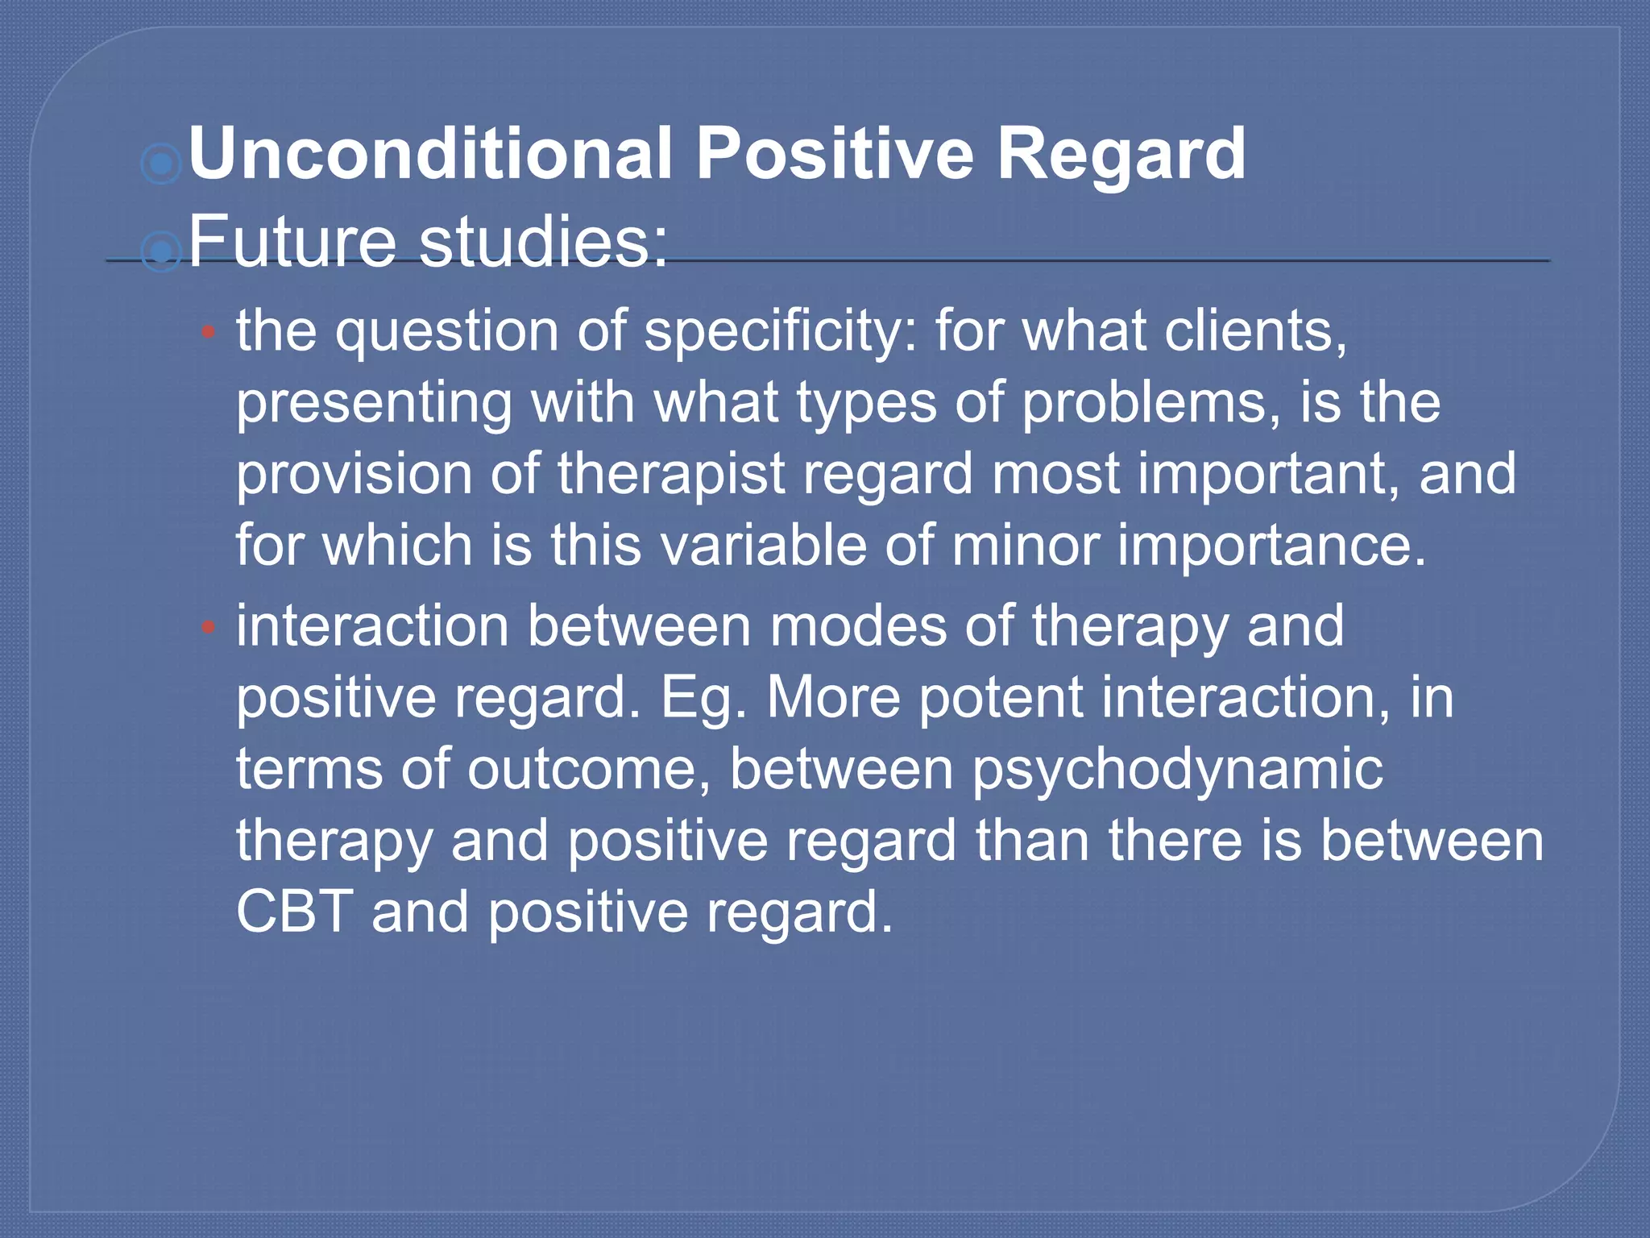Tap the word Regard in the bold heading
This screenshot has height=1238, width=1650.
pyautogui.click(x=1121, y=155)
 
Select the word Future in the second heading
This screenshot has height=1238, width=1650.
pyautogui.click(x=292, y=241)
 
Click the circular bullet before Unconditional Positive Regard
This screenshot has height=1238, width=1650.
pyautogui.click(x=161, y=164)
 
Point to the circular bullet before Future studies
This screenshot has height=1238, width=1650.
pyautogui.click(x=161, y=252)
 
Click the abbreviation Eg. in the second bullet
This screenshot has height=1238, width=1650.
pyautogui.click(x=703, y=697)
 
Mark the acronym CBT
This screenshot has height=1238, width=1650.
pyautogui.click(x=294, y=912)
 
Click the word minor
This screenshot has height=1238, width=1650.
pyautogui.click(x=1025, y=545)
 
